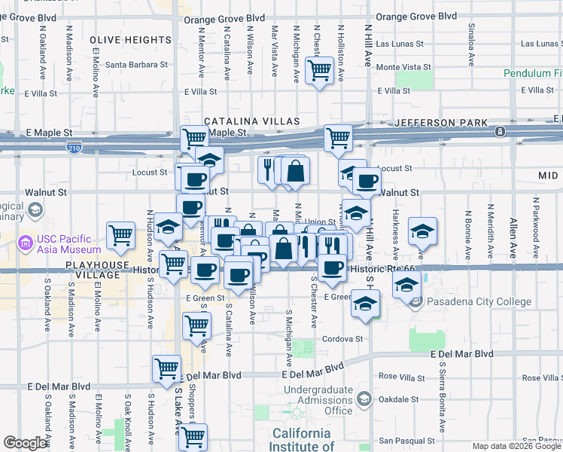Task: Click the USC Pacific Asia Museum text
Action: pos(68,244)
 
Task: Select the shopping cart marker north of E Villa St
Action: pos(319,71)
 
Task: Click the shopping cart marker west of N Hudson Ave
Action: pos(120,235)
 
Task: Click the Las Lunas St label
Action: pos(400,44)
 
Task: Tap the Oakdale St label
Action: pos(399,400)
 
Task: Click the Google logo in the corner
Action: pos(25,443)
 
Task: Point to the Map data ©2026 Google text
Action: pos(516,447)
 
